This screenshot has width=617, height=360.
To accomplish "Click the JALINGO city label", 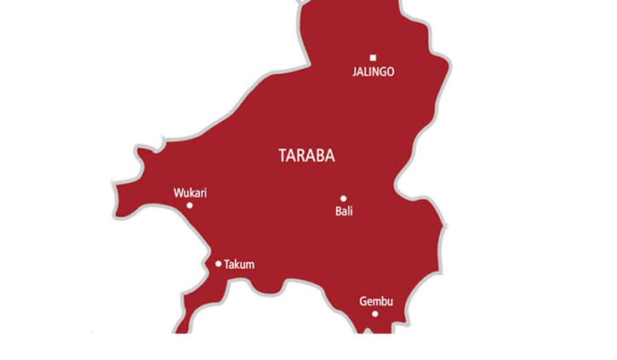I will (373, 72).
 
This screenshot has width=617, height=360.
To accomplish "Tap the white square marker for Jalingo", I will (373, 58).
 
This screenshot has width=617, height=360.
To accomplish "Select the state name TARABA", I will (306, 156).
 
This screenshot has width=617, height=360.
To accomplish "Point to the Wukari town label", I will (190, 193).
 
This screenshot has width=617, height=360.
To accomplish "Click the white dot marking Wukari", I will (190, 205).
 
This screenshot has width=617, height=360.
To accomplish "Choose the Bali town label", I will (344, 211).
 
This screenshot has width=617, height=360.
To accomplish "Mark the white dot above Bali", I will (344, 199).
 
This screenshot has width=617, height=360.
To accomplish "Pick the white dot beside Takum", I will (219, 264).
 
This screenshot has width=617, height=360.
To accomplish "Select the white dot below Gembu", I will (374, 314).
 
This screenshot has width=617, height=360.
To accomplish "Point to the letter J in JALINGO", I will (354, 72).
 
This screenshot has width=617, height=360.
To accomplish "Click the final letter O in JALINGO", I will (390, 72).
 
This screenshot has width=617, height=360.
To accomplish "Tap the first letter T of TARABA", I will (283, 156).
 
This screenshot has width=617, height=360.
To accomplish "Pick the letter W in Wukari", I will (178, 193).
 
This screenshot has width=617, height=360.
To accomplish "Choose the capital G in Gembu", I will (363, 301).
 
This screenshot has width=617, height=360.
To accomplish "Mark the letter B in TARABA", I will (318, 156).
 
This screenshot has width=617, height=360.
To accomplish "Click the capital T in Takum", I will (226, 265).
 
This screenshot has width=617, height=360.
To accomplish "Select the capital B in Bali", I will (338, 211).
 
